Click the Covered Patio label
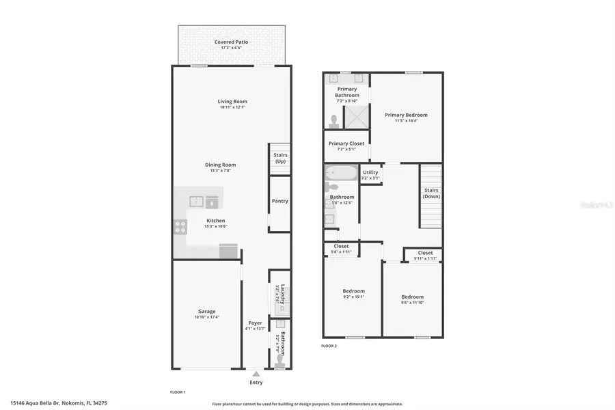[x=232, y=42]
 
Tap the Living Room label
[x=232, y=101]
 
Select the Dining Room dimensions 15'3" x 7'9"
[x=220, y=171]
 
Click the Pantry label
[x=279, y=201]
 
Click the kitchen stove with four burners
[x=180, y=227]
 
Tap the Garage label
[x=206, y=312]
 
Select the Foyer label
[x=255, y=323]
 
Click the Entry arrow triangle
[x=256, y=374]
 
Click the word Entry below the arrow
[x=256, y=382]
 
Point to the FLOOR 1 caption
[x=178, y=392]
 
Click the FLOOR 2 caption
[x=329, y=346]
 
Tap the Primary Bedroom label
[x=406, y=115]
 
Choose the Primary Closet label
[x=346, y=143]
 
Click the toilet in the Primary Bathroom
[x=333, y=122]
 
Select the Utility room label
[x=370, y=172]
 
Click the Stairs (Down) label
[x=431, y=193]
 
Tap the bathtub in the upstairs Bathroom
[x=340, y=172]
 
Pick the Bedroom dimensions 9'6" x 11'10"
[x=412, y=303]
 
